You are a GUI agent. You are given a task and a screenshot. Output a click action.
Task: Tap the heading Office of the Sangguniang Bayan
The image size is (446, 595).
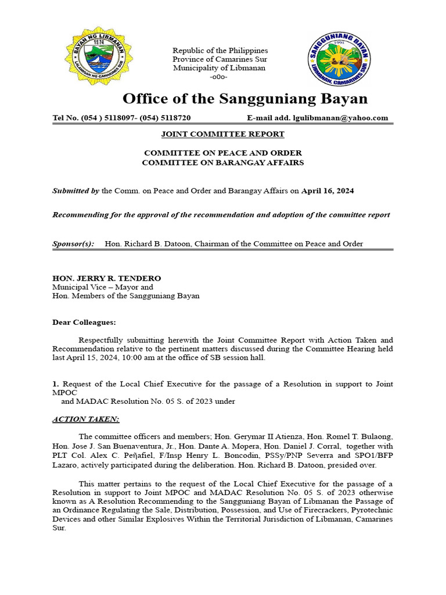coord(244,98)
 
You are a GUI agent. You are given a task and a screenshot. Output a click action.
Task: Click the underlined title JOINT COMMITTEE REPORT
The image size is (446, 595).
coord(222,134)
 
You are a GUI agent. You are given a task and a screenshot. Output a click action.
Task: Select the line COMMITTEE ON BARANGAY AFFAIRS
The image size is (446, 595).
coord(222,163)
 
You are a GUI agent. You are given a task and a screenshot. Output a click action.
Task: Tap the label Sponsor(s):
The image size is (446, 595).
coord(73,243)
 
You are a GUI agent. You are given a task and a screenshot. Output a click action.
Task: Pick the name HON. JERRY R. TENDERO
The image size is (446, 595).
coord(106,278)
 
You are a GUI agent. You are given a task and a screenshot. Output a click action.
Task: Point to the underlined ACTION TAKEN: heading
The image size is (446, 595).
coord(85,419)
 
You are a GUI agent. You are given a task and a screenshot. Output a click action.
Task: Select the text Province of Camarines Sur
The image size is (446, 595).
coord(220,59)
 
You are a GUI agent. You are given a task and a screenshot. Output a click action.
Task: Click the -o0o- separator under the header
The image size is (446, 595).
coord(218,77)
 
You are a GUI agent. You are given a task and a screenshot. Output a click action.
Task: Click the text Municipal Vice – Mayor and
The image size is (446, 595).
coord(103,287)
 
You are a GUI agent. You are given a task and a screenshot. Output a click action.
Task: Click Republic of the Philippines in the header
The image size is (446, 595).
coord(220,51)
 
